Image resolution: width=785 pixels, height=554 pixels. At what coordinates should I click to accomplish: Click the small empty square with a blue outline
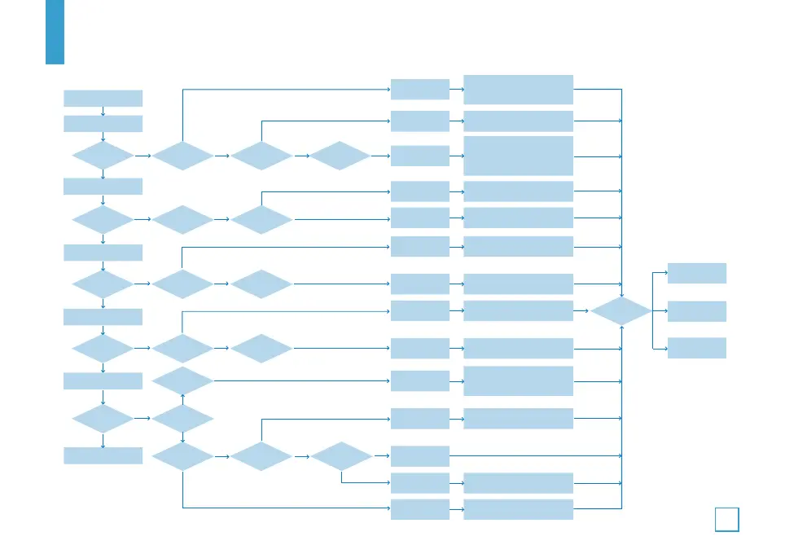click(x=727, y=519)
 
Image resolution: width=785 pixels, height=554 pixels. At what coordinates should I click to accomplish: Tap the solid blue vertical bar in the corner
click(x=55, y=32)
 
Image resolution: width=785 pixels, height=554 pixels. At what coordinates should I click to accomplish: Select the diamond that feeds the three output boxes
click(x=621, y=310)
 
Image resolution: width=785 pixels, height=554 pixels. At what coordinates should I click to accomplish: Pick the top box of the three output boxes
click(x=696, y=273)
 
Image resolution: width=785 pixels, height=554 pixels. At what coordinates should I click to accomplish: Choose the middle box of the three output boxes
click(x=696, y=311)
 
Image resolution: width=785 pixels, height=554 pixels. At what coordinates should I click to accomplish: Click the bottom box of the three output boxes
click(x=696, y=348)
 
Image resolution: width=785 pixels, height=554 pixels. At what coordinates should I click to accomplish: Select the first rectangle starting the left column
click(x=103, y=98)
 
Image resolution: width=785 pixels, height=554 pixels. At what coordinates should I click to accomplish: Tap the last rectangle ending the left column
click(x=103, y=455)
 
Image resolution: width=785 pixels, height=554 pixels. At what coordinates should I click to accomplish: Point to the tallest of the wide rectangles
click(x=518, y=156)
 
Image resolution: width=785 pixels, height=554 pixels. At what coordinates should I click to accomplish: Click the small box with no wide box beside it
click(x=419, y=455)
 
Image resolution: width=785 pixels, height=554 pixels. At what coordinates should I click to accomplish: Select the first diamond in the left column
click(x=103, y=156)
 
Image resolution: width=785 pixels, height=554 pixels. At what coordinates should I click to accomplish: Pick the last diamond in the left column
click(x=103, y=419)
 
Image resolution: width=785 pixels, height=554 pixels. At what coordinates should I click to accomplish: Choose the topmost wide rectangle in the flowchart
click(x=518, y=89)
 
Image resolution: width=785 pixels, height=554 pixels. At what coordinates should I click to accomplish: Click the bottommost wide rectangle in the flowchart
click(x=518, y=510)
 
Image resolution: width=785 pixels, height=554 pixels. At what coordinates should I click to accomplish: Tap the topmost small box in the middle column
click(x=419, y=89)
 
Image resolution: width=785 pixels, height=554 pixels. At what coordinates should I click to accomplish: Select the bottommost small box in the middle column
click(x=419, y=510)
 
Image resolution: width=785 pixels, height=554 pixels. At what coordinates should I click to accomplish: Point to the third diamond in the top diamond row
click(x=340, y=156)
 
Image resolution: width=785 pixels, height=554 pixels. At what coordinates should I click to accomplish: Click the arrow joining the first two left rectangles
click(x=103, y=111)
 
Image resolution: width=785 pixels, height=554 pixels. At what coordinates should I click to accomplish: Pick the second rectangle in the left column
click(x=103, y=124)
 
